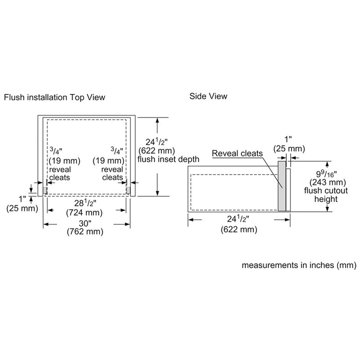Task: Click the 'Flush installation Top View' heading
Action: (x=54, y=97)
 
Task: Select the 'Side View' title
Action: (x=208, y=96)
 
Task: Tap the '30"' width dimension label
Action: (x=84, y=224)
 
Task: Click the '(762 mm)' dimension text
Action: (x=85, y=232)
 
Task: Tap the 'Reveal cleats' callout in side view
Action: (x=237, y=154)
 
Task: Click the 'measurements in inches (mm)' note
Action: (x=300, y=265)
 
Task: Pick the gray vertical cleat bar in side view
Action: (x=281, y=186)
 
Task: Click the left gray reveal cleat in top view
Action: (x=45, y=190)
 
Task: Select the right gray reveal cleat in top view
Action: (x=129, y=190)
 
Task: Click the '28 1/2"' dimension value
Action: (x=84, y=203)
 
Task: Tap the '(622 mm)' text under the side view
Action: (x=239, y=229)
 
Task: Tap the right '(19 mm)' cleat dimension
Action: (x=108, y=161)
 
